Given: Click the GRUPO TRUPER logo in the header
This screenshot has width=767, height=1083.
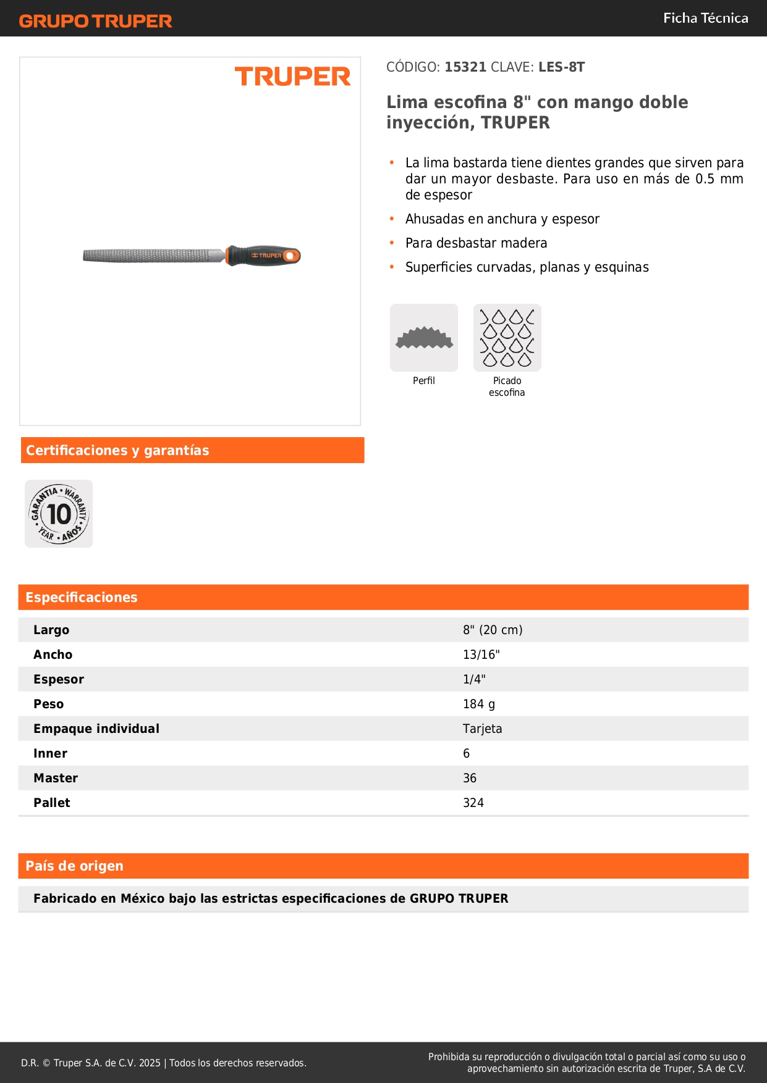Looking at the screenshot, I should pyautogui.click(x=95, y=21).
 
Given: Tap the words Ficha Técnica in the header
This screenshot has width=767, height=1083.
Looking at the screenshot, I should pyautogui.click(x=705, y=19).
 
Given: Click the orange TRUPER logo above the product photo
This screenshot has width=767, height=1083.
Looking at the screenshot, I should pyautogui.click(x=292, y=77).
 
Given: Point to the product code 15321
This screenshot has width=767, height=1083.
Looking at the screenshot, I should pyautogui.click(x=465, y=67).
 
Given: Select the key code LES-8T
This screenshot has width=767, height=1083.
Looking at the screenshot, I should pyautogui.click(x=561, y=67).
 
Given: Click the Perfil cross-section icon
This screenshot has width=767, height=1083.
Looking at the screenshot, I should pyautogui.click(x=424, y=338).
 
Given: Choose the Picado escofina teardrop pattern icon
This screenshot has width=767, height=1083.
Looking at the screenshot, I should pyautogui.click(x=507, y=338).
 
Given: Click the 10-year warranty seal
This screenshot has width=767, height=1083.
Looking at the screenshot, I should pyautogui.click(x=59, y=514).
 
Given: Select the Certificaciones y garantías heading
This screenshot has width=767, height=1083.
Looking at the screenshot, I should pyautogui.click(x=117, y=451).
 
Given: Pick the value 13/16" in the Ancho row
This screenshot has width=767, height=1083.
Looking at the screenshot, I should pyautogui.click(x=481, y=654).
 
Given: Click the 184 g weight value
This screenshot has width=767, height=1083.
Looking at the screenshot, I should pyautogui.click(x=478, y=704).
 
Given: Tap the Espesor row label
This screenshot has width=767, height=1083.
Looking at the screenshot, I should pyautogui.click(x=59, y=679).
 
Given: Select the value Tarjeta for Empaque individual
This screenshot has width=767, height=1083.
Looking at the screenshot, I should pyautogui.click(x=482, y=729).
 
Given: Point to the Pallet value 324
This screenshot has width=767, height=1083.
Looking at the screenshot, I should pyautogui.click(x=473, y=803).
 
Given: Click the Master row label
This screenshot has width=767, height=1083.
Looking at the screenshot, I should pyautogui.click(x=56, y=778).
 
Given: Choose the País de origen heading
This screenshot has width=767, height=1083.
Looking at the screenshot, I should pyautogui.click(x=74, y=866).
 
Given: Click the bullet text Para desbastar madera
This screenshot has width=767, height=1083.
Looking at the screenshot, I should pyautogui.click(x=476, y=243).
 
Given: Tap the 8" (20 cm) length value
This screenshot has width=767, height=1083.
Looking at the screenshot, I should pyautogui.click(x=493, y=630).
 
